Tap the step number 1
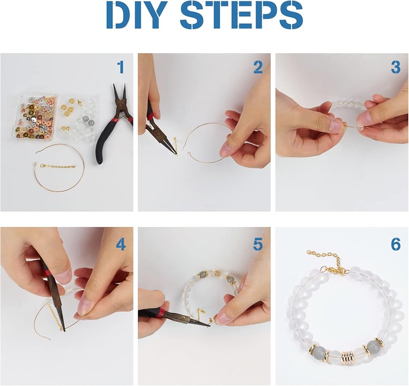121,67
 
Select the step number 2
258,67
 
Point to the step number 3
396,67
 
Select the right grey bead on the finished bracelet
372,346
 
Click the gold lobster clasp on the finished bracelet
335,271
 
